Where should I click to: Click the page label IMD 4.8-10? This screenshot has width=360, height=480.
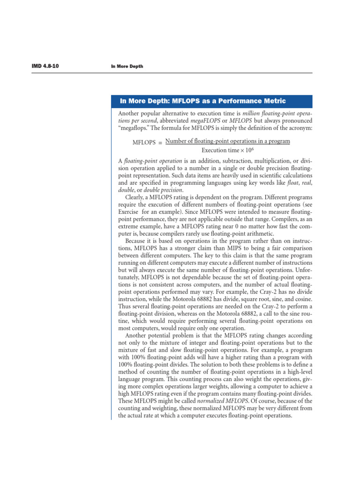(x=45, y=66)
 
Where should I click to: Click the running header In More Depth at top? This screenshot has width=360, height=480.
(x=127, y=67)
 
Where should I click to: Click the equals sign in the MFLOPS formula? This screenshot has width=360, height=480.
(x=159, y=142)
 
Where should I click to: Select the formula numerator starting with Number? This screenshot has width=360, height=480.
(x=228, y=141)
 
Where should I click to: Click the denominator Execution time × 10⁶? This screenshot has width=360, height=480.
(x=227, y=150)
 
